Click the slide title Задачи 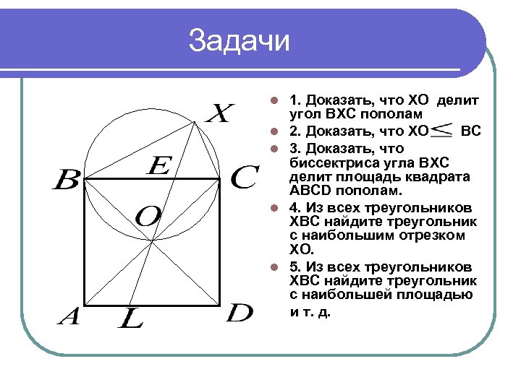tap(238, 41)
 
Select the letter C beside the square tap(244, 178)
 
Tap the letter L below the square tap(130, 318)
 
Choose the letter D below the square tap(240, 313)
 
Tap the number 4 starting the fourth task tap(293, 207)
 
